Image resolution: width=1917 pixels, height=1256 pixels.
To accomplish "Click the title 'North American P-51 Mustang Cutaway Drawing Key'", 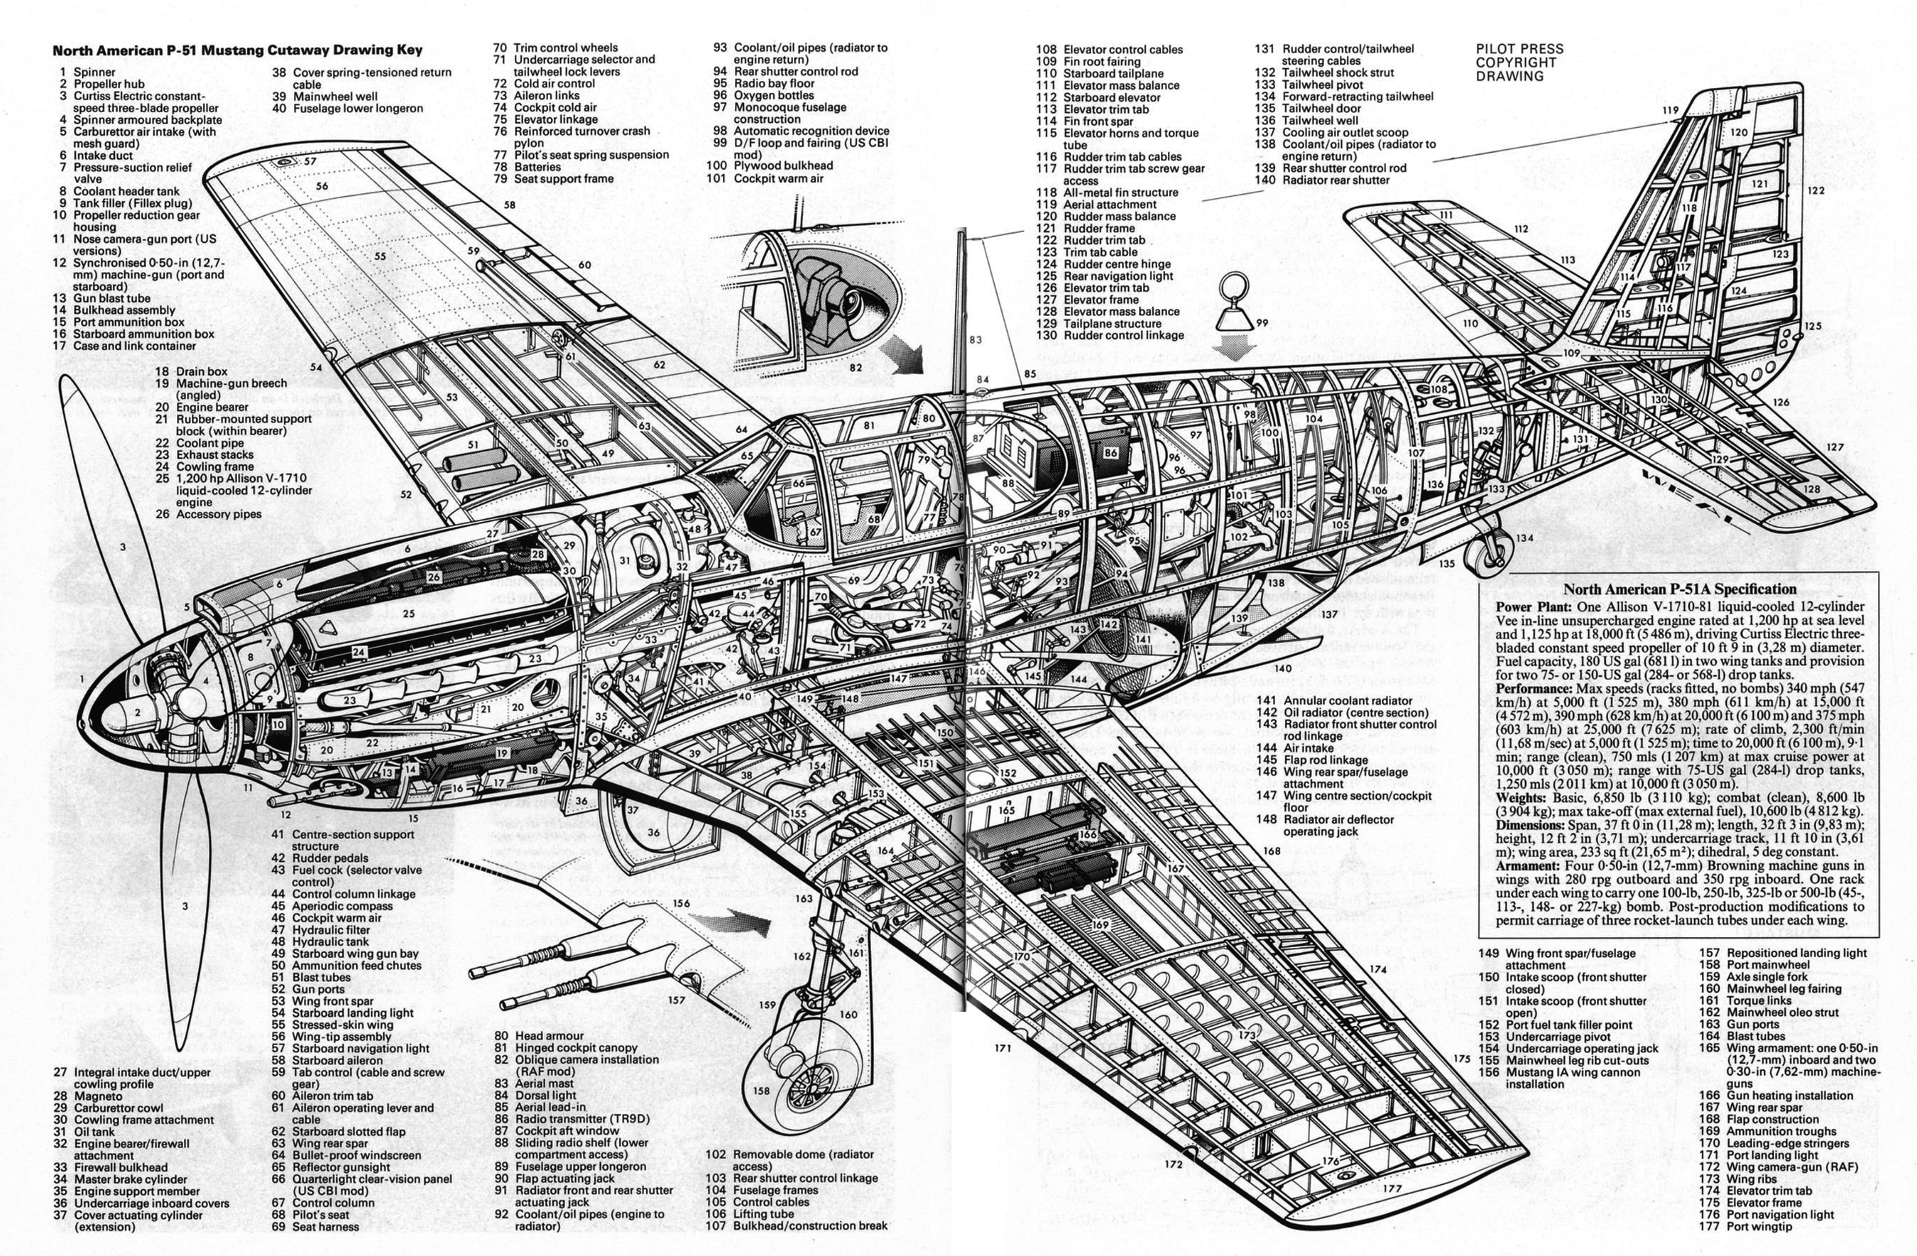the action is (x=237, y=50).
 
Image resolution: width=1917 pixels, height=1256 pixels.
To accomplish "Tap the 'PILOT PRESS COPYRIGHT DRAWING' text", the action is (x=1519, y=63).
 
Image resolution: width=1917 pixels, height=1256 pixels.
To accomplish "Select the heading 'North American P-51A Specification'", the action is (x=1679, y=589).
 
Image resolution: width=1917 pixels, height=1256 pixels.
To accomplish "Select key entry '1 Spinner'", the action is (x=87, y=72).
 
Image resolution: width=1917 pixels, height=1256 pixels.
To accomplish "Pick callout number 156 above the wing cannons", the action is (x=682, y=903).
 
